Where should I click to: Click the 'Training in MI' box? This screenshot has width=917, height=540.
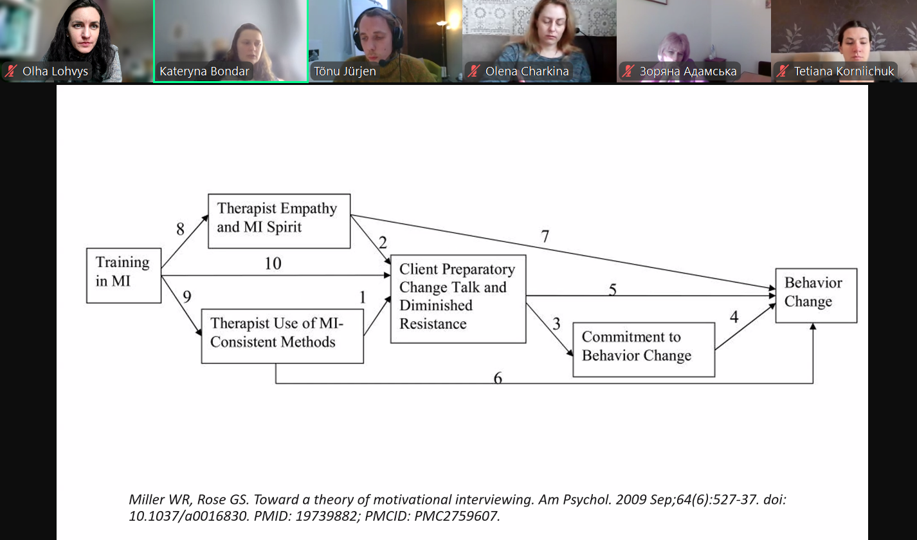point(123,275)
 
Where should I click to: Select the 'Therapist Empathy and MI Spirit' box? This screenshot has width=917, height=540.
point(279,221)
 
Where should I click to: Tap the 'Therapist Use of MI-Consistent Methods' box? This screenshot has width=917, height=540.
point(282,336)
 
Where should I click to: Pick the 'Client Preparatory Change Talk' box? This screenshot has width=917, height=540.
point(457,299)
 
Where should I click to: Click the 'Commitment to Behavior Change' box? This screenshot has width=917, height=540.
point(643,349)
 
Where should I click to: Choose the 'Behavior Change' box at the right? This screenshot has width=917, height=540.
point(815,295)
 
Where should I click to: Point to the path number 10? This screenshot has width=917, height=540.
point(273,264)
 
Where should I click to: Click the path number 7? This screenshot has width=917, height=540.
point(545,236)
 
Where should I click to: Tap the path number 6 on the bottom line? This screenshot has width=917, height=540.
point(497,378)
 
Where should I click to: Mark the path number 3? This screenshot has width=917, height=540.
point(556,323)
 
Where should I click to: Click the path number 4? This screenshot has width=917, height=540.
point(734,317)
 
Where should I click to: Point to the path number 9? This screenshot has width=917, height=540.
point(186,297)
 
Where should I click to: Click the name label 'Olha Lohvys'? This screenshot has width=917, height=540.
point(55,71)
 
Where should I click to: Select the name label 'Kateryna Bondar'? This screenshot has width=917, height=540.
point(204,71)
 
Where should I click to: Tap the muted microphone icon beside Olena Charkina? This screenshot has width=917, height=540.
point(475,71)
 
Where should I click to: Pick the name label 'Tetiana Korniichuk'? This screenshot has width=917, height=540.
point(844,71)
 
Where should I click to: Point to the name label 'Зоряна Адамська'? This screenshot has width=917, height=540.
point(688,71)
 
